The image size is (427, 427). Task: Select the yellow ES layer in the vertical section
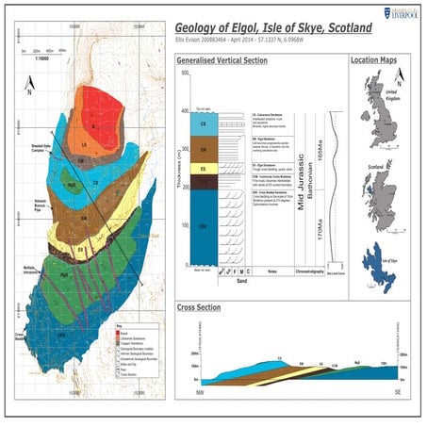(204, 168)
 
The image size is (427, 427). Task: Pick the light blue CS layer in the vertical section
(204, 123)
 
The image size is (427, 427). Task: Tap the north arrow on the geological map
(29, 91)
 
